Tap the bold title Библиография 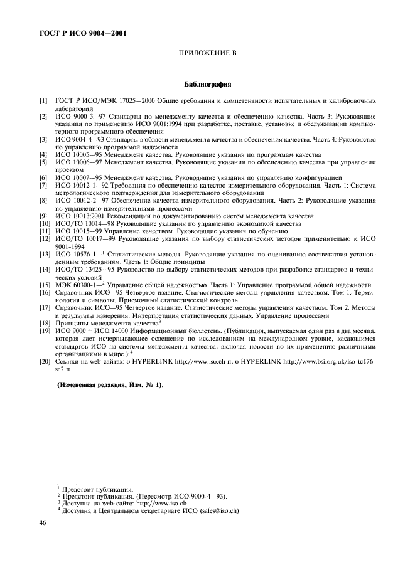(x=207, y=83)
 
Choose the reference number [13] (x=44, y=255)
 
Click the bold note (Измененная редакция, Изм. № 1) (x=110, y=384)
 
